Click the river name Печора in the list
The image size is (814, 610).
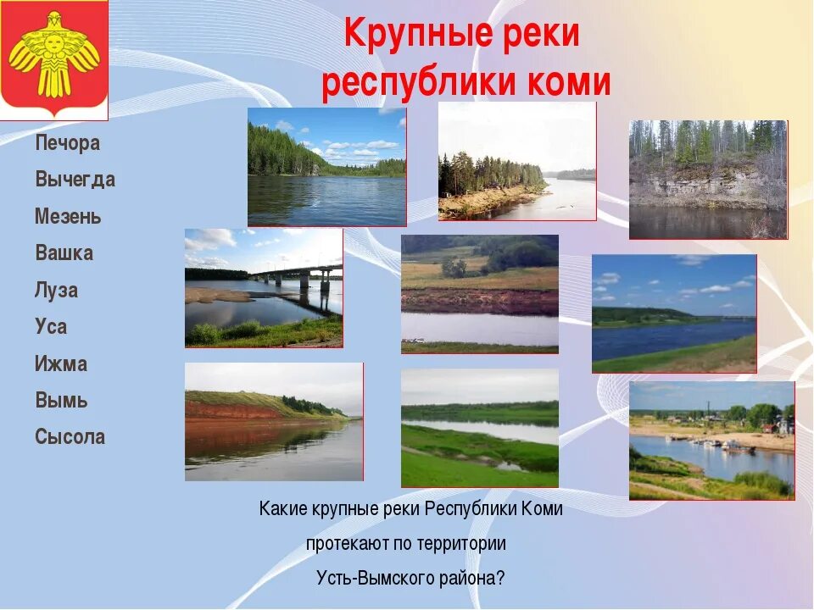click(x=68, y=143)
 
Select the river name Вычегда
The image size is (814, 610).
click(x=75, y=180)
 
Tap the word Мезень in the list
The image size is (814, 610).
click(x=68, y=217)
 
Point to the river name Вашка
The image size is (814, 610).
click(x=64, y=253)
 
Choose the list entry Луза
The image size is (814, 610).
click(x=57, y=291)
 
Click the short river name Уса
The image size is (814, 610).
click(x=51, y=327)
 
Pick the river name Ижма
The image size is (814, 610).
click(x=61, y=364)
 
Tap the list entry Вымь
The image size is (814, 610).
click(x=61, y=401)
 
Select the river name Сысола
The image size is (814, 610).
click(x=70, y=437)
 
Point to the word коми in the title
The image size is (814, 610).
click(x=567, y=83)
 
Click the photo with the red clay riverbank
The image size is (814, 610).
click(x=274, y=421)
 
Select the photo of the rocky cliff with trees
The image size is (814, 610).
click(x=708, y=179)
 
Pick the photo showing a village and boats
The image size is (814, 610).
click(x=711, y=440)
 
